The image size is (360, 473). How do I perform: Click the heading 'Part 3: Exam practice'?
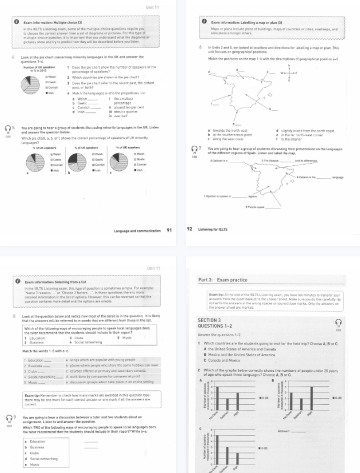coord(224,279)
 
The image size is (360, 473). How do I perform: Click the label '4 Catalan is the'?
coord(307,176)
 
